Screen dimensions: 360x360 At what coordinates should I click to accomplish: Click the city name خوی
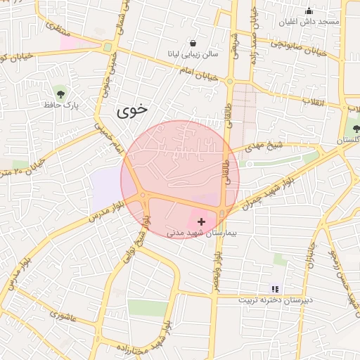[x=133, y=110]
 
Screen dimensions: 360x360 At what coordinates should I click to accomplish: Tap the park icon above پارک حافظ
[x=60, y=93]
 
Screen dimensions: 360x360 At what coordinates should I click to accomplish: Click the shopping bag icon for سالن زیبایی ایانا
[x=193, y=43]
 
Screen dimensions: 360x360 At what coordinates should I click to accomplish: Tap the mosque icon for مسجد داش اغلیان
[x=309, y=11]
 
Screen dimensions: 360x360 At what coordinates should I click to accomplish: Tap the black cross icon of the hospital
[x=202, y=221]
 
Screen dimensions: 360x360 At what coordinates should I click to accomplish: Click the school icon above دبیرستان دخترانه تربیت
[x=275, y=288]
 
